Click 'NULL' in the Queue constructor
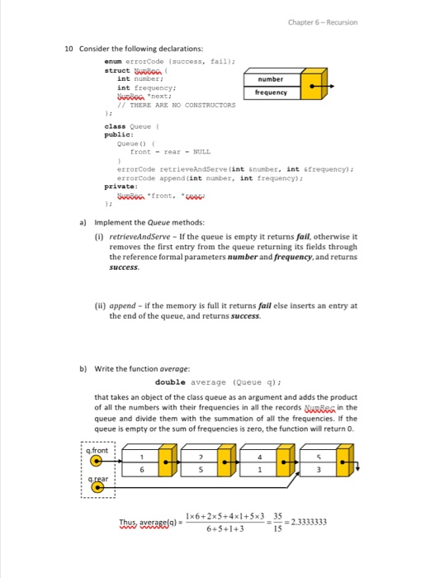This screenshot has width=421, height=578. [201, 151]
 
